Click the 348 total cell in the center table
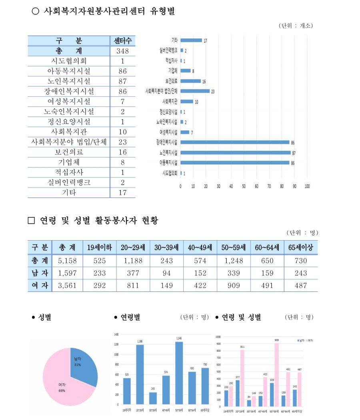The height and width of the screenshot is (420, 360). click(x=122, y=51)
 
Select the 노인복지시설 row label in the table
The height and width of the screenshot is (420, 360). click(x=68, y=81)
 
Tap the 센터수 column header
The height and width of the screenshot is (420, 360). click(x=122, y=41)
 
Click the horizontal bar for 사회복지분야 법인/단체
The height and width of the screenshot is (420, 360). click(x=195, y=91)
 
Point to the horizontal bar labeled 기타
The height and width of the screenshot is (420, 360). click(x=191, y=40)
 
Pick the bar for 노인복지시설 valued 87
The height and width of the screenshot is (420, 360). click(x=235, y=152)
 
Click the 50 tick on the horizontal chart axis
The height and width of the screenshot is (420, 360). click(x=244, y=186)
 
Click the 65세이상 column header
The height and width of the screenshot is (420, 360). click(x=300, y=248)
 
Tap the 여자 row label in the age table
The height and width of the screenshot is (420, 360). click(x=40, y=285)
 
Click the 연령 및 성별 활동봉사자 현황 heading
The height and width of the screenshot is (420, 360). click(x=98, y=220)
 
